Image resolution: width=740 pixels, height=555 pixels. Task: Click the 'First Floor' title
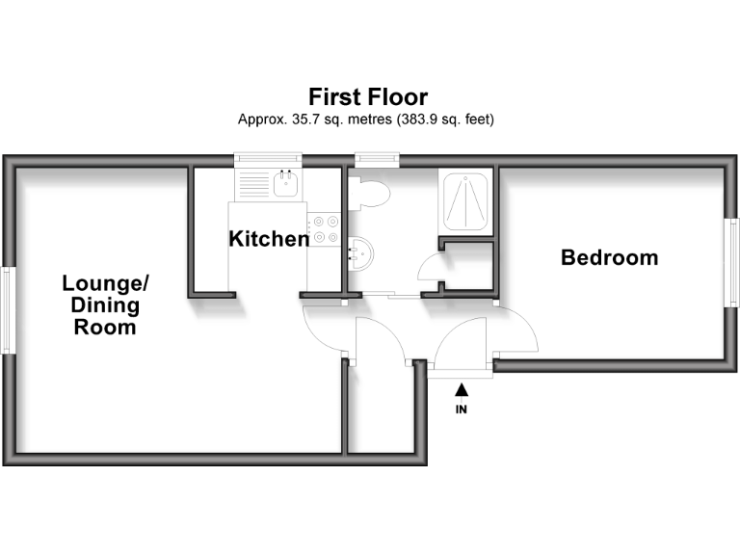(x=367, y=97)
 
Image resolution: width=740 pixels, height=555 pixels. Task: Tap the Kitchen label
(x=269, y=239)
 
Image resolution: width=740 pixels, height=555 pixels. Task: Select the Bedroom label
(x=610, y=257)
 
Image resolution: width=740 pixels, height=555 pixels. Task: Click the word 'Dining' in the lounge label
(x=105, y=306)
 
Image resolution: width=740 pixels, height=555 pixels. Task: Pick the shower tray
(x=466, y=200)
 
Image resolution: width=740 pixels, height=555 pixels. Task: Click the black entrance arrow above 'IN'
(x=462, y=389)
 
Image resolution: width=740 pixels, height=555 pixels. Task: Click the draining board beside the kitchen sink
(x=252, y=184)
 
